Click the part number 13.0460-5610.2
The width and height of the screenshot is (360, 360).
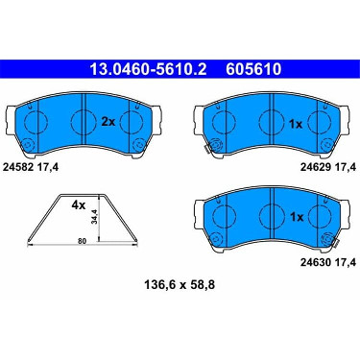(x=148, y=69)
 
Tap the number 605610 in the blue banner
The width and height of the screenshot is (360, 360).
(x=253, y=69)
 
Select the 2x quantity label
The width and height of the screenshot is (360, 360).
(x=108, y=122)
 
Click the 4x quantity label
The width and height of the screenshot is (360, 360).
(x=79, y=205)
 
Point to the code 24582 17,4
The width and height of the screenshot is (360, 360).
(x=31, y=167)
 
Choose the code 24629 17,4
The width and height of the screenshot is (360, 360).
(x=328, y=167)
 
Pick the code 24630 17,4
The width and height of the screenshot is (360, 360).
(x=328, y=262)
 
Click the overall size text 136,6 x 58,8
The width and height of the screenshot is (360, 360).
(x=180, y=284)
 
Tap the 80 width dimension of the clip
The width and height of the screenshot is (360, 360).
(x=83, y=241)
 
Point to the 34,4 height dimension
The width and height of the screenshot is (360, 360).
(x=95, y=217)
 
